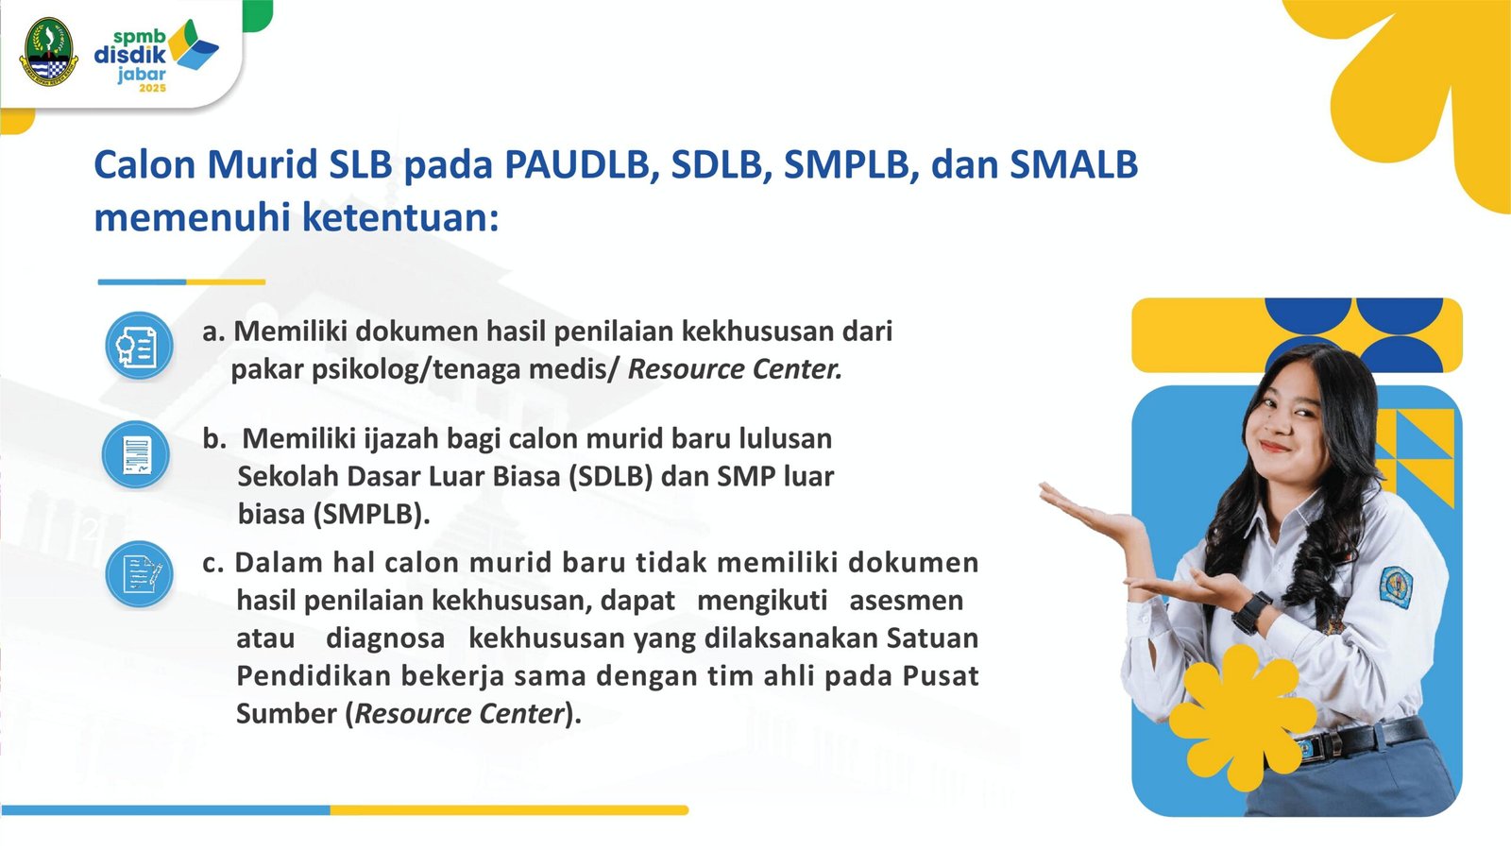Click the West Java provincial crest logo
pyautogui.click(x=48, y=52)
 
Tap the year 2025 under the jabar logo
pyautogui.click(x=152, y=89)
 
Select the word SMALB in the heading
pyautogui.click(x=1074, y=164)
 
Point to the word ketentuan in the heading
pyautogui.click(x=400, y=218)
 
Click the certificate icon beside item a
pyautogui.click(x=139, y=346)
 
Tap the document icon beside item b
pyautogui.click(x=136, y=454)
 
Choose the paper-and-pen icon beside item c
pyautogui.click(x=139, y=574)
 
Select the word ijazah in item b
pyautogui.click(x=400, y=439)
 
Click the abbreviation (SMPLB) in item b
pyautogui.click(x=371, y=514)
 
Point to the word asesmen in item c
pyautogui.click(x=906, y=601)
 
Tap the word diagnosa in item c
pyautogui.click(x=385, y=638)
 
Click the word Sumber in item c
pyautogui.click(x=287, y=714)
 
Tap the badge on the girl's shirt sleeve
pyautogui.click(x=1396, y=586)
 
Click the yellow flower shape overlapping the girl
pyautogui.click(x=1243, y=718)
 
